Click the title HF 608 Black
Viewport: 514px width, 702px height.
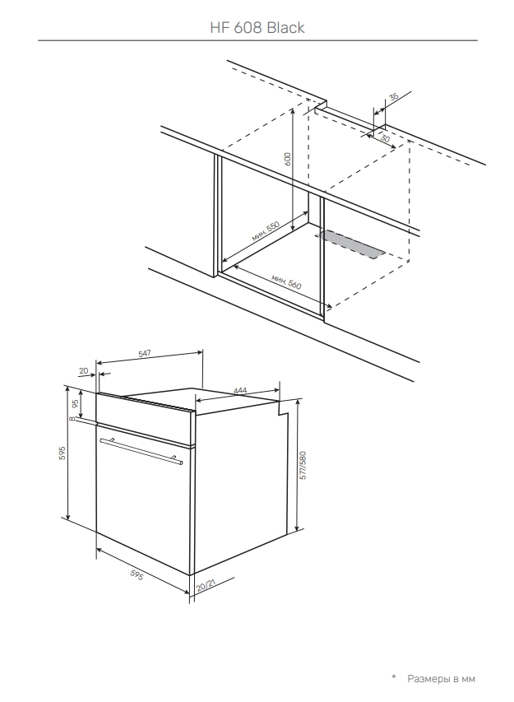coord(257,28)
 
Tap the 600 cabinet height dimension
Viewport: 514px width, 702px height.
coord(287,160)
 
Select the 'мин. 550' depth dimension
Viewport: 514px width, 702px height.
coord(265,231)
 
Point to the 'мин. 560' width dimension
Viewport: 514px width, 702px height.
coord(286,282)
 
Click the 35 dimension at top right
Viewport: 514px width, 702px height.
coord(393,97)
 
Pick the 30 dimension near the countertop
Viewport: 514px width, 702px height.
coord(384,138)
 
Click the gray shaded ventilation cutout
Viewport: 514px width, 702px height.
coord(350,244)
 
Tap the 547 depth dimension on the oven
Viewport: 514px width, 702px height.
coord(145,354)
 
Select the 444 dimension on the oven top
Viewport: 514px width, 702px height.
coord(240,391)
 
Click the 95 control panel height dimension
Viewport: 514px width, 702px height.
coord(75,402)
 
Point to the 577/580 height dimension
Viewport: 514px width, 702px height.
coord(303,465)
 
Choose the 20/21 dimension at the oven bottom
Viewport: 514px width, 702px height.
coord(206,583)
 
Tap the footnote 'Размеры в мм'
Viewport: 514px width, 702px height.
coord(441,679)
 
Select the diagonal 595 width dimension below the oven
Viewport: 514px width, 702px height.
coord(137,576)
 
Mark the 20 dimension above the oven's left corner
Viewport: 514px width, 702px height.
coord(84,370)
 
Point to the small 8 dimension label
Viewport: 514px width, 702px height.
coord(72,419)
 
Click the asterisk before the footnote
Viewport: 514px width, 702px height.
coord(394,676)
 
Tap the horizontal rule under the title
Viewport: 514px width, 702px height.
coord(257,41)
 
